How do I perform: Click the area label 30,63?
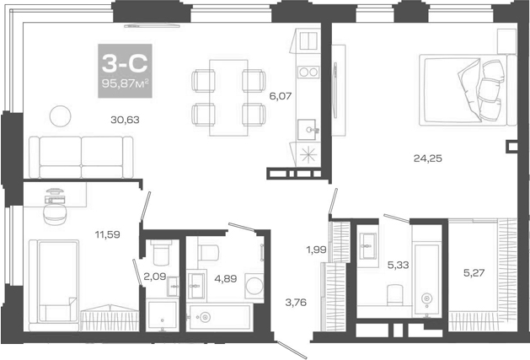[124, 120]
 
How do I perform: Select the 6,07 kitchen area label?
[280, 96]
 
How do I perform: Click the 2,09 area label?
[153, 276]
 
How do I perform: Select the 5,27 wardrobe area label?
[474, 272]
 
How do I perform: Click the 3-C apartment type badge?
[125, 65]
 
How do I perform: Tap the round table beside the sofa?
[59, 114]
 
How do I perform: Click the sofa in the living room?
[82, 157]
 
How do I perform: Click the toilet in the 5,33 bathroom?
[394, 294]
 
